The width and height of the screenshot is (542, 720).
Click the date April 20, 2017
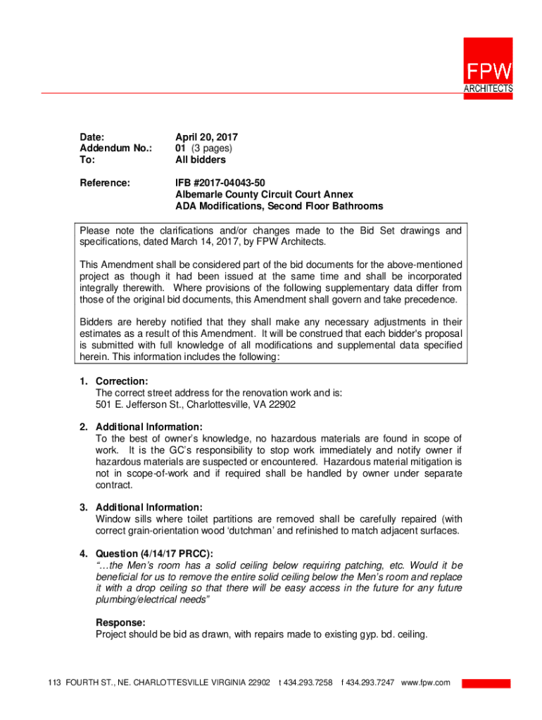206,136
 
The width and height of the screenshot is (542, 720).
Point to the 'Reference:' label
105,183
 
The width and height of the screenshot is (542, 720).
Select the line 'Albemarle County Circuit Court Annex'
264,194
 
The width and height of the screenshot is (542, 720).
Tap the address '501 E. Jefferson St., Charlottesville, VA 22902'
196,405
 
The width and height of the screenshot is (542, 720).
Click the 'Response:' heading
120,623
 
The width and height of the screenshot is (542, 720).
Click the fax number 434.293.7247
370,683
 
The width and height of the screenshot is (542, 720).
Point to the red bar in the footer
486,683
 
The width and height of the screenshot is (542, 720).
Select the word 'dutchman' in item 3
256,530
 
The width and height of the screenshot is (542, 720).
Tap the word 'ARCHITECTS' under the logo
488,89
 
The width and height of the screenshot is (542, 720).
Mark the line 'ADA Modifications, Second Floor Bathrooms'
279,206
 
